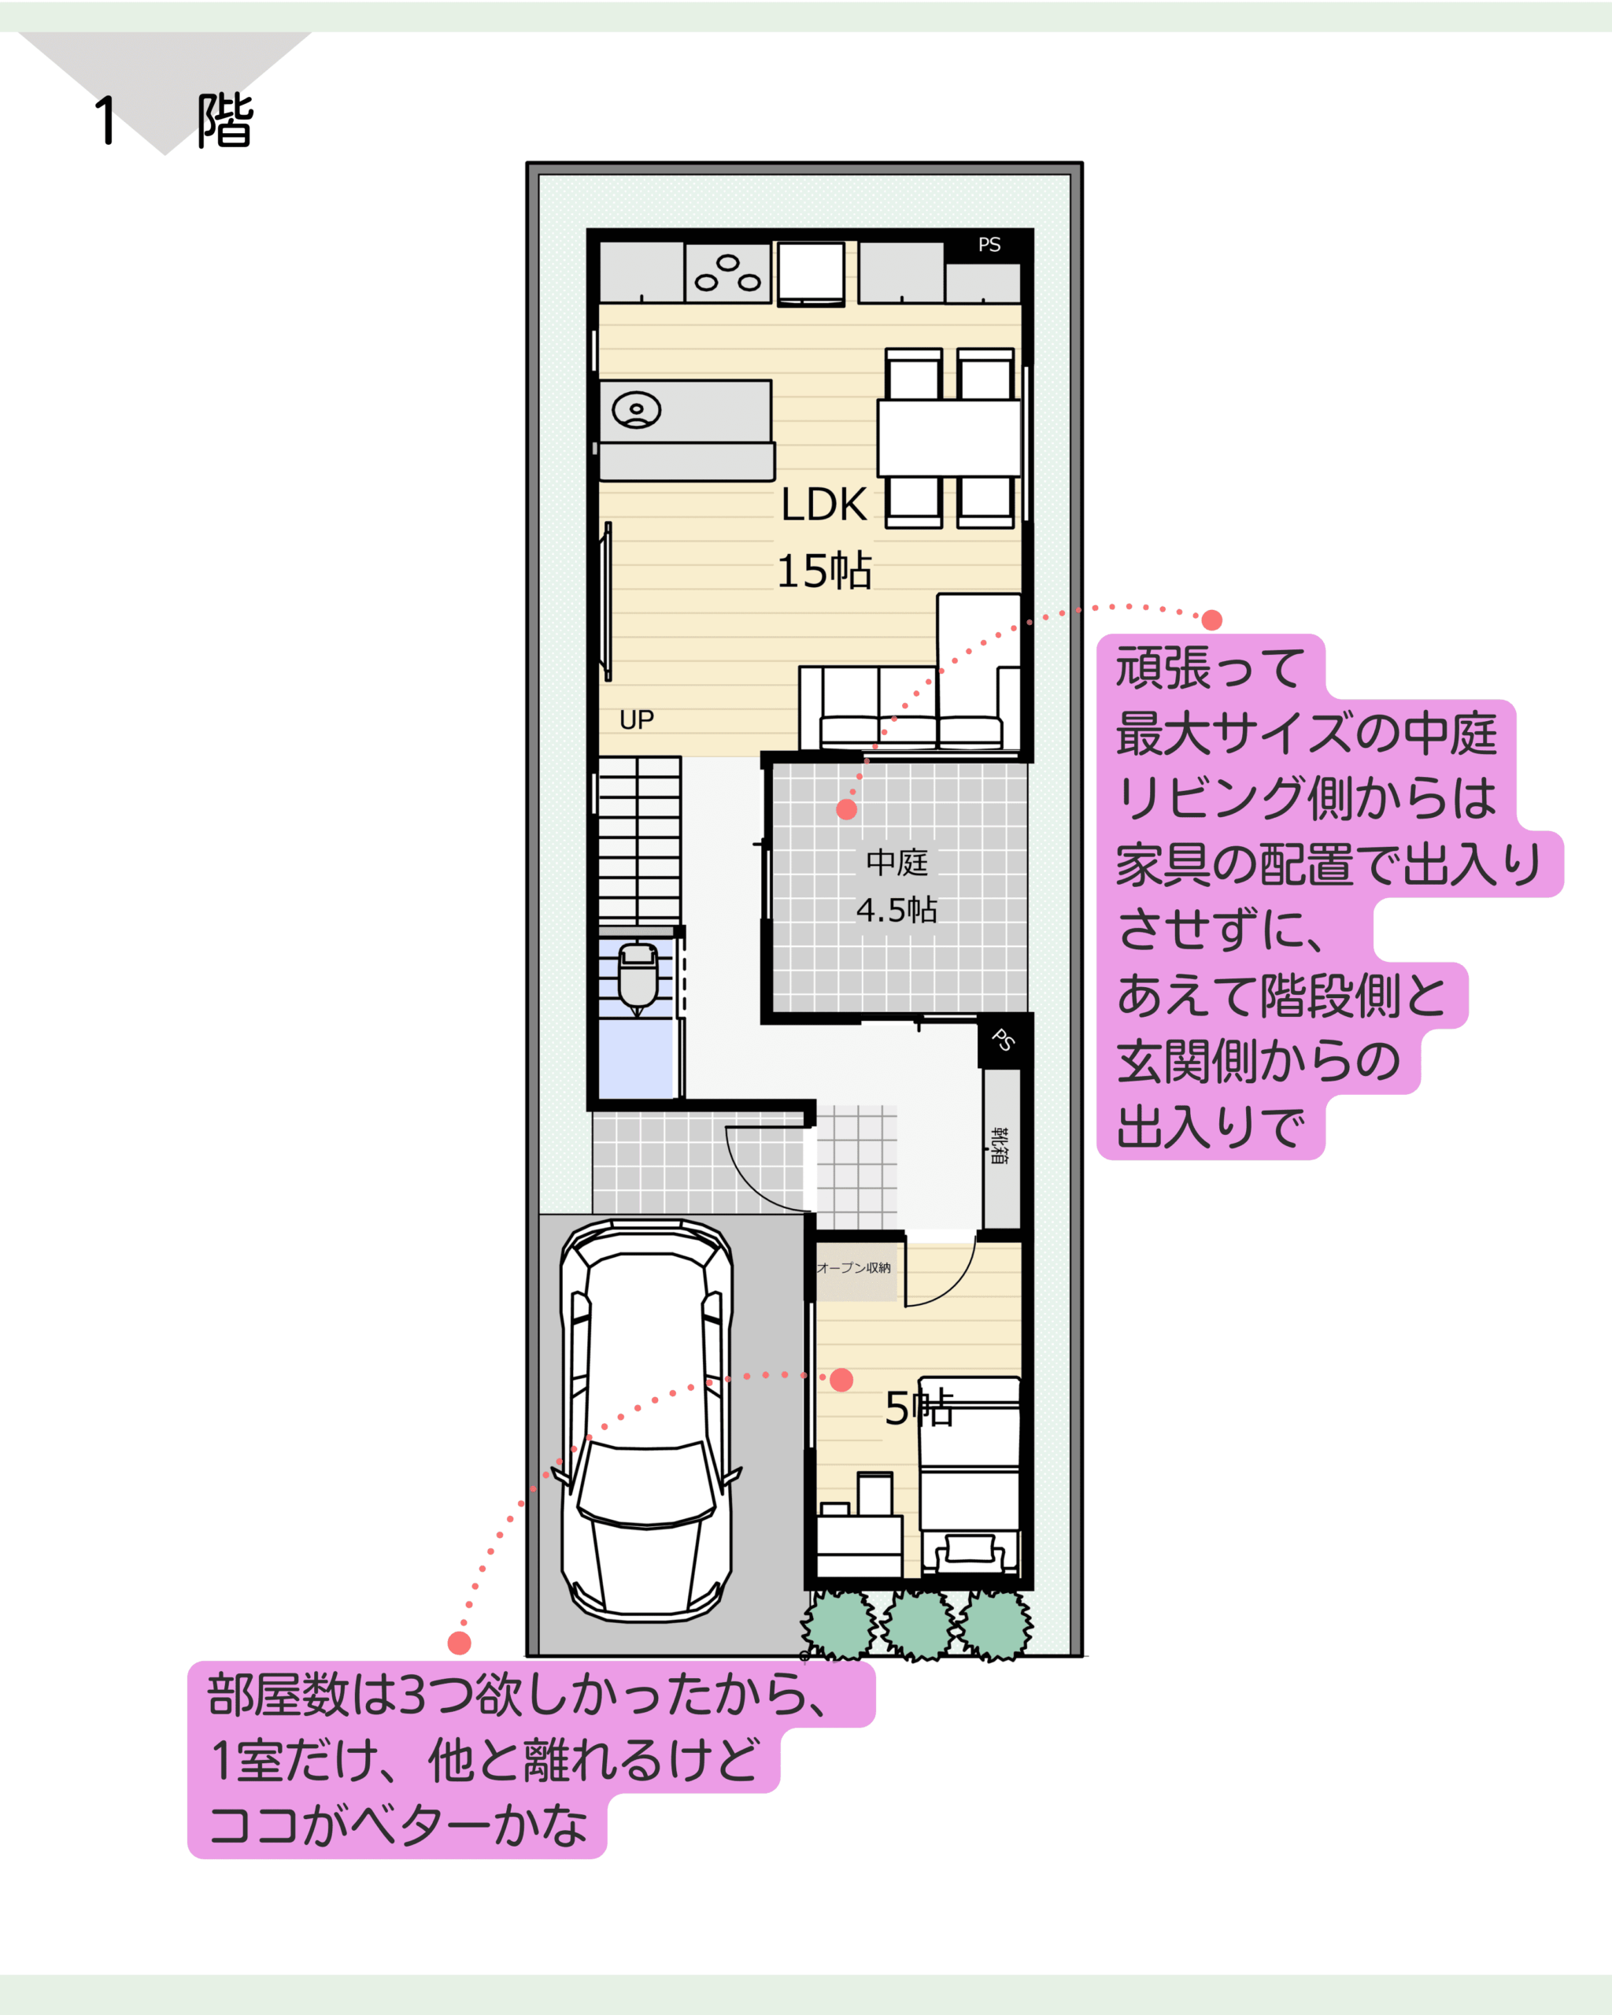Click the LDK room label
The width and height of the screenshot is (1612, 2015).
823,505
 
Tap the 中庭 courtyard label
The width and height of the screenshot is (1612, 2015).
897,862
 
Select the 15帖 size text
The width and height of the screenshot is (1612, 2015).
824,570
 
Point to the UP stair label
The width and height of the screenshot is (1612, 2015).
637,719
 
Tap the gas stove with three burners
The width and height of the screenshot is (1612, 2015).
728,272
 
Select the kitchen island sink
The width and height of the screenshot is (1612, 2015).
637,410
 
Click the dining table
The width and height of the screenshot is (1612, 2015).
948,438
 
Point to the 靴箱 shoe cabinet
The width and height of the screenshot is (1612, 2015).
1001,1148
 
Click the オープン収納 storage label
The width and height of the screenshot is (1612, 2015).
853,1268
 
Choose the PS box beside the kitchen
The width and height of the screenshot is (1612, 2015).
989,245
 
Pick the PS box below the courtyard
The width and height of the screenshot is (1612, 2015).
1003,1041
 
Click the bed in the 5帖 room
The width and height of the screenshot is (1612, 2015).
969,1477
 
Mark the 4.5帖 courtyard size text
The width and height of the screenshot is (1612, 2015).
897,909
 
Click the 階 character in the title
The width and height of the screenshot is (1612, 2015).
225,120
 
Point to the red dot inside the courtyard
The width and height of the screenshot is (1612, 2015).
847,809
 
